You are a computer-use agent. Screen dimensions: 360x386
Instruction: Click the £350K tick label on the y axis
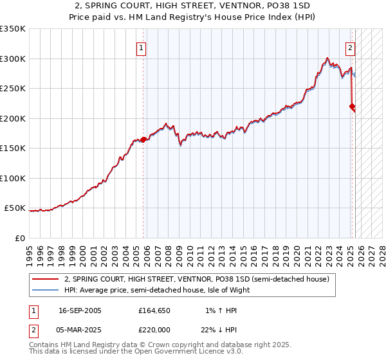(x=12, y=29)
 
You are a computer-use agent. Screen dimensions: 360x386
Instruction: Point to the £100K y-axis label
(x=12, y=178)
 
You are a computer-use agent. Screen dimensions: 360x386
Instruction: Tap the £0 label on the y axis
(x=19, y=238)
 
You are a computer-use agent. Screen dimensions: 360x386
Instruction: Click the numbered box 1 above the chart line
(x=141, y=46)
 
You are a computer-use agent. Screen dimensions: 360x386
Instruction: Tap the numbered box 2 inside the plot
(x=350, y=46)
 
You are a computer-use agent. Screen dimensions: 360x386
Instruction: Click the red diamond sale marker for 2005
(x=143, y=139)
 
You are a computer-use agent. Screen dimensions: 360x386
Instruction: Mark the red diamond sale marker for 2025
(x=352, y=107)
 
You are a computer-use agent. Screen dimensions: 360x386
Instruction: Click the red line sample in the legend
(x=45, y=280)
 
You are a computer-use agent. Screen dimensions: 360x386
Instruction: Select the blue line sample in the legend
(x=45, y=290)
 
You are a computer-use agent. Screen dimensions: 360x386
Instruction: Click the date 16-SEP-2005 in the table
(x=80, y=310)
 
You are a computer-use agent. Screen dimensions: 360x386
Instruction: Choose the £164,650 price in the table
(x=153, y=310)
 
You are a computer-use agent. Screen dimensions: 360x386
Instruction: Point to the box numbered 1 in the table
(x=33, y=310)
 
